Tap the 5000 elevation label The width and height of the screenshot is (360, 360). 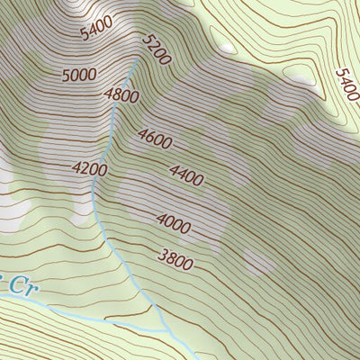pos(79,75)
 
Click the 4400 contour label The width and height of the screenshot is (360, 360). pos(186,175)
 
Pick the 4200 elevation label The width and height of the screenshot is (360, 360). pos(90,168)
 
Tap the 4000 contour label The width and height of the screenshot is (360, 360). pos(173,221)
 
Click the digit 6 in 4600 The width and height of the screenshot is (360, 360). pos(149,137)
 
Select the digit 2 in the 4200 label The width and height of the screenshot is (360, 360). pos(85,168)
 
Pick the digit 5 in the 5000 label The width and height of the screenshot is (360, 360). pos(67,73)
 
